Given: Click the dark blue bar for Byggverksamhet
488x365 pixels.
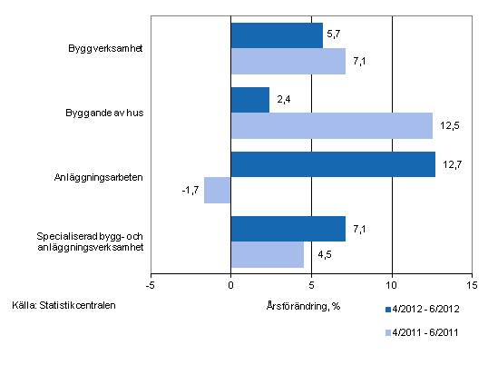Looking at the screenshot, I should [x=277, y=35].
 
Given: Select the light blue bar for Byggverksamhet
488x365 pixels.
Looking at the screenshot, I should [x=288, y=61].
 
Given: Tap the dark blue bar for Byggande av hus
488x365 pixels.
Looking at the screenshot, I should [x=250, y=100].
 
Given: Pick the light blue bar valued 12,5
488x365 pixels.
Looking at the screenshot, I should [x=331, y=125].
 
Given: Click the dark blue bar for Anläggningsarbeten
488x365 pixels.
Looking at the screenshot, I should [x=333, y=164].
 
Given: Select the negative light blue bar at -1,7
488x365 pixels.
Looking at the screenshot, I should [x=218, y=190].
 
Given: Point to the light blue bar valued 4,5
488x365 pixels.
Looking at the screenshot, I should [x=267, y=254].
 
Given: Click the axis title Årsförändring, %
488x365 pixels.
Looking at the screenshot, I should [x=304, y=304].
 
